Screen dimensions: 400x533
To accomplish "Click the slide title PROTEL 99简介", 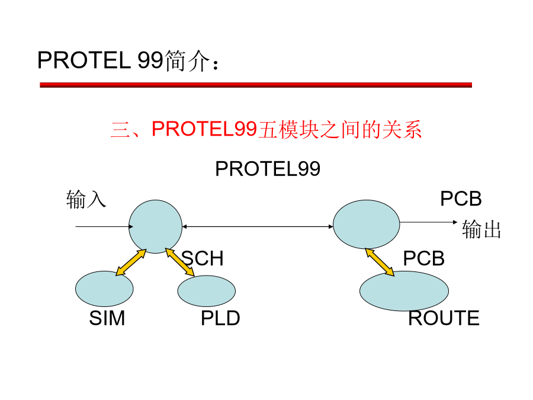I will click(129, 60).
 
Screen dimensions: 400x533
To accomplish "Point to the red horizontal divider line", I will click(255, 85).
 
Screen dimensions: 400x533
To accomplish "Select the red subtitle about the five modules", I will click(266, 129).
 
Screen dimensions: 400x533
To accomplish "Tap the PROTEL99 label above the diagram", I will click(267, 169).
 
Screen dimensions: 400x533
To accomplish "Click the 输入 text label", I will click(86, 200).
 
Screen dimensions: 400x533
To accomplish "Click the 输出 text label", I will click(481, 230).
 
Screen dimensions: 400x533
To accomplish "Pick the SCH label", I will click(203, 259).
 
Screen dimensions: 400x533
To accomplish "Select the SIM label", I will click(107, 318).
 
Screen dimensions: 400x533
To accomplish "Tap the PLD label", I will click(220, 318).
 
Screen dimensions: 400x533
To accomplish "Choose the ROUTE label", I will click(444, 318).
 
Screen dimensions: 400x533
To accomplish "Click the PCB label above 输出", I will click(461, 199).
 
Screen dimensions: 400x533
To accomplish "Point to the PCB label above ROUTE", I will click(423, 259).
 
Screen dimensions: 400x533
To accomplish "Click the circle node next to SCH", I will click(155, 226).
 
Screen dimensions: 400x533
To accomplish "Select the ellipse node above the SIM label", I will click(104, 289).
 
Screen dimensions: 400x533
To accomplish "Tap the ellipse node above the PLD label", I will click(207, 291).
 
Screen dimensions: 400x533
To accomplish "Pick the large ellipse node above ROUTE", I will click(404, 290).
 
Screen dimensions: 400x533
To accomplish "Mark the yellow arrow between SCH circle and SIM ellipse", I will click(131, 263).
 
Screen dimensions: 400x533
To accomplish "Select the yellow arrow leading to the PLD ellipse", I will click(180, 262).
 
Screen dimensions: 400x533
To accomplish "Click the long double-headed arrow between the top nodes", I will click(258, 226).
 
